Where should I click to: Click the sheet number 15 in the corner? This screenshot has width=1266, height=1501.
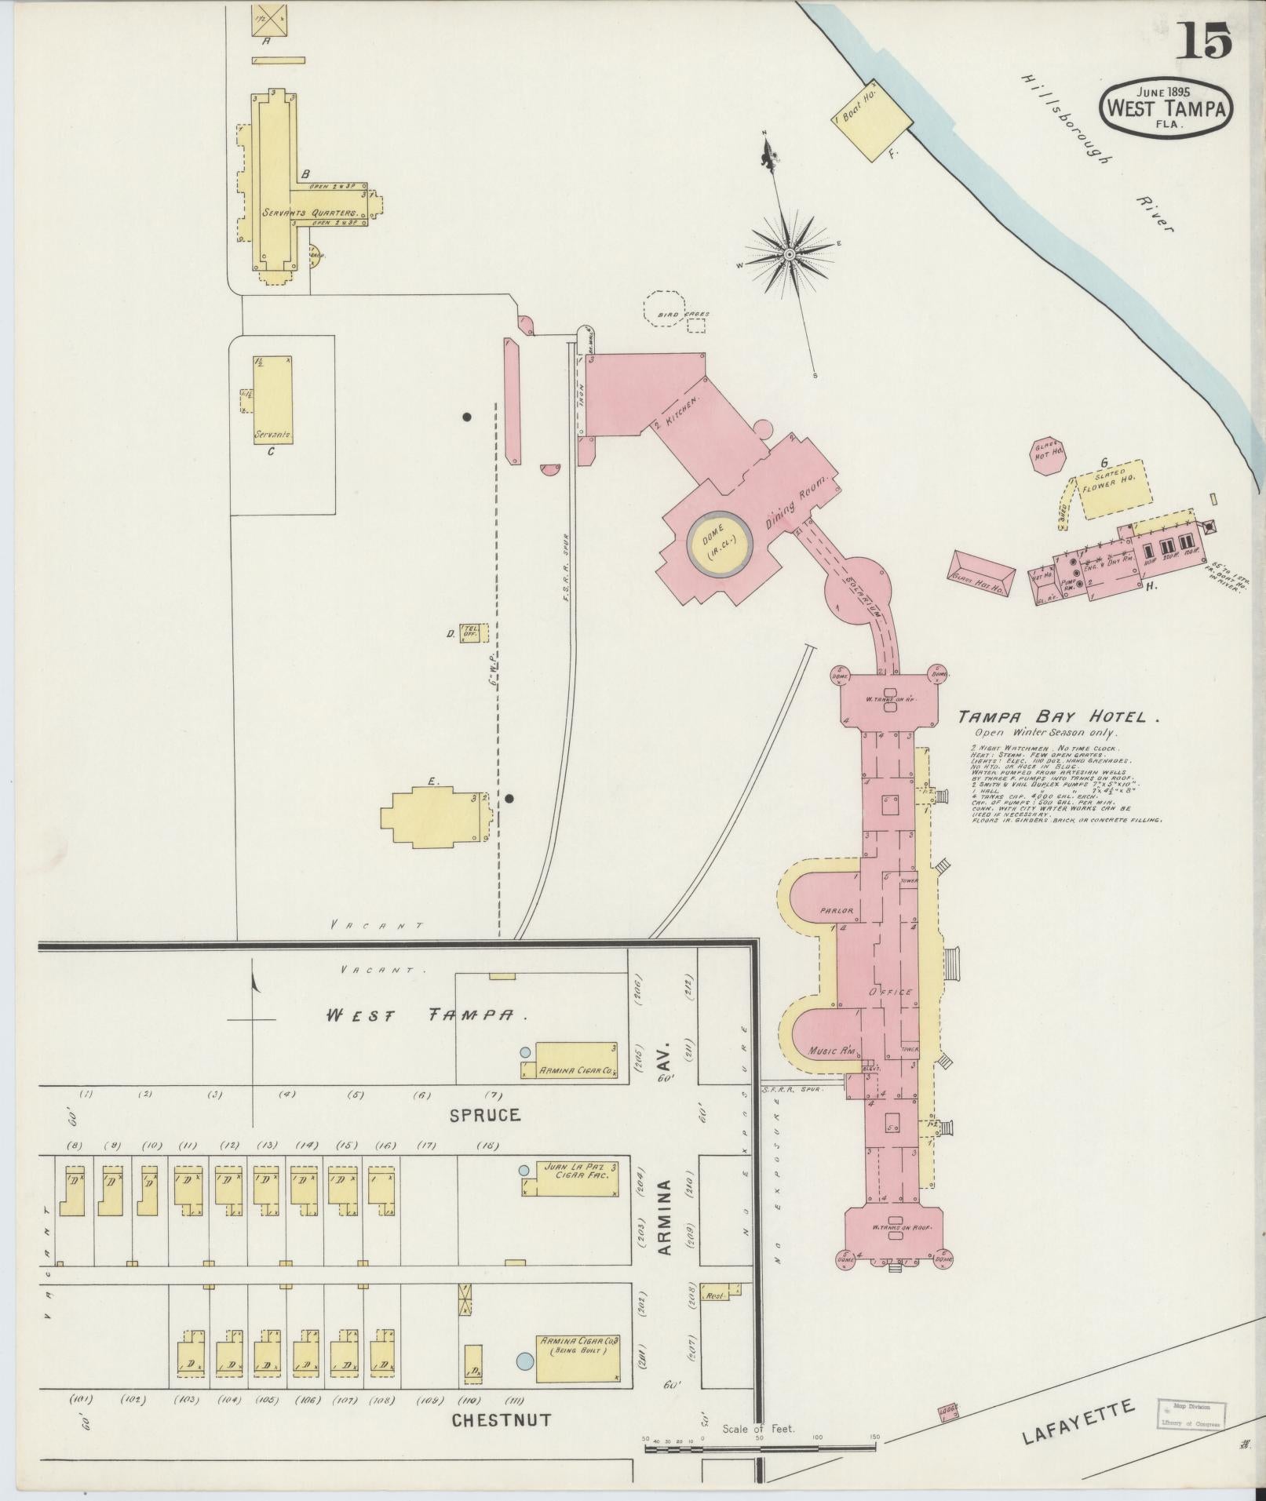[1203, 41]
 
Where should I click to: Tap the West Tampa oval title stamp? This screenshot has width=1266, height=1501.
[1166, 109]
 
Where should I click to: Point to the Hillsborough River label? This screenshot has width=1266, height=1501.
[1099, 153]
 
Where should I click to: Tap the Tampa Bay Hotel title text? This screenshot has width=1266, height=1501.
[1056, 716]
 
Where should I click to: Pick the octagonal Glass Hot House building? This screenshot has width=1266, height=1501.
[1048, 456]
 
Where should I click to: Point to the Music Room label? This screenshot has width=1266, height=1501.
[830, 1050]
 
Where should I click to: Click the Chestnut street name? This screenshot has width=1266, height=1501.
[502, 1420]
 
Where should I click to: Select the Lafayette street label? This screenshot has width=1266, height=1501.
[1078, 1423]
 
